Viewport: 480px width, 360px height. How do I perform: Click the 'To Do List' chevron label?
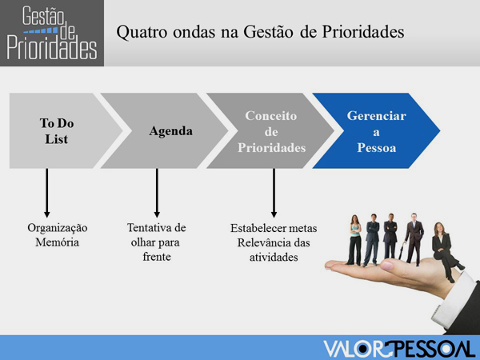(57, 131)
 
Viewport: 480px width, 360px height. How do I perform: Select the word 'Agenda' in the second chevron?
(171, 131)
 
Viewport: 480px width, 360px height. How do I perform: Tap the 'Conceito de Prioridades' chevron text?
(271, 132)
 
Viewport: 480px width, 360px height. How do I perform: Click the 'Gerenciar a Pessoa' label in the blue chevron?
(377, 132)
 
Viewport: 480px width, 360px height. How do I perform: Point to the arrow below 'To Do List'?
(47, 193)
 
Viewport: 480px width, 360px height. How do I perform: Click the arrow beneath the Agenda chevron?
(157, 193)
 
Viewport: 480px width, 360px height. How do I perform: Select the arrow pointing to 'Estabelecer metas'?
(274, 193)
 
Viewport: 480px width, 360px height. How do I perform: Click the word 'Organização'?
(58, 228)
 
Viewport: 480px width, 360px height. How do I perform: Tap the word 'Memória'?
(58, 242)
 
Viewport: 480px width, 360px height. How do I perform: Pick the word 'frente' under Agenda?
(157, 257)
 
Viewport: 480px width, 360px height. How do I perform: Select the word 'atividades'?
(274, 257)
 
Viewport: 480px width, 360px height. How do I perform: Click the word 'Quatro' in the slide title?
(142, 32)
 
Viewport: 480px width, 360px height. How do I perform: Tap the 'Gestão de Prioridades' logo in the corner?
(52, 33)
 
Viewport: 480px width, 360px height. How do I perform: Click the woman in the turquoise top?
(354, 240)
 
